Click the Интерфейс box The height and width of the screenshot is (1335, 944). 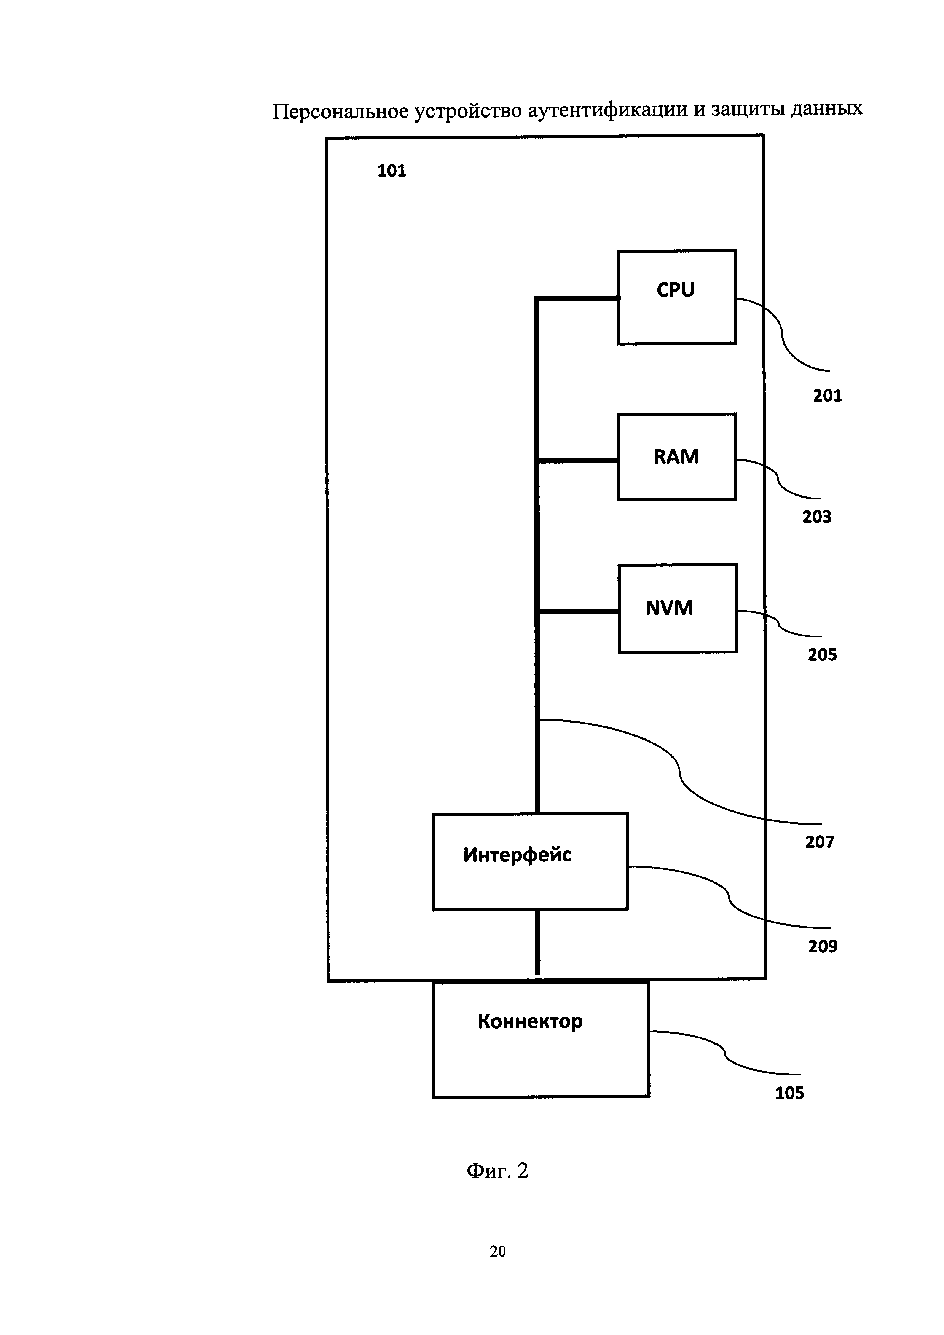pyautogui.click(x=529, y=861)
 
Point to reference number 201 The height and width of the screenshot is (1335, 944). pyautogui.click(x=827, y=396)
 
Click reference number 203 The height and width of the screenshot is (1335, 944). pyautogui.click(x=817, y=517)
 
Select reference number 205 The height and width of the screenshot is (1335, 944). pyautogui.click(x=822, y=655)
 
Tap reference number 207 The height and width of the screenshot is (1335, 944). pyautogui.click(x=820, y=842)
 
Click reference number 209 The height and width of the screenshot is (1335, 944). pyautogui.click(x=823, y=947)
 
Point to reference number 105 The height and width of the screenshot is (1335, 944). pyautogui.click(x=789, y=1093)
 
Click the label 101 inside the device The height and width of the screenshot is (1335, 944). pyautogui.click(x=391, y=171)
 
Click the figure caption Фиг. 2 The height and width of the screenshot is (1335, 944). pyautogui.click(x=497, y=1171)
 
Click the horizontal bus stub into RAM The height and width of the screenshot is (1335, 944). pyautogui.click(x=578, y=461)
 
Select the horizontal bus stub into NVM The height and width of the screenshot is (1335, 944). pyautogui.click(x=578, y=611)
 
